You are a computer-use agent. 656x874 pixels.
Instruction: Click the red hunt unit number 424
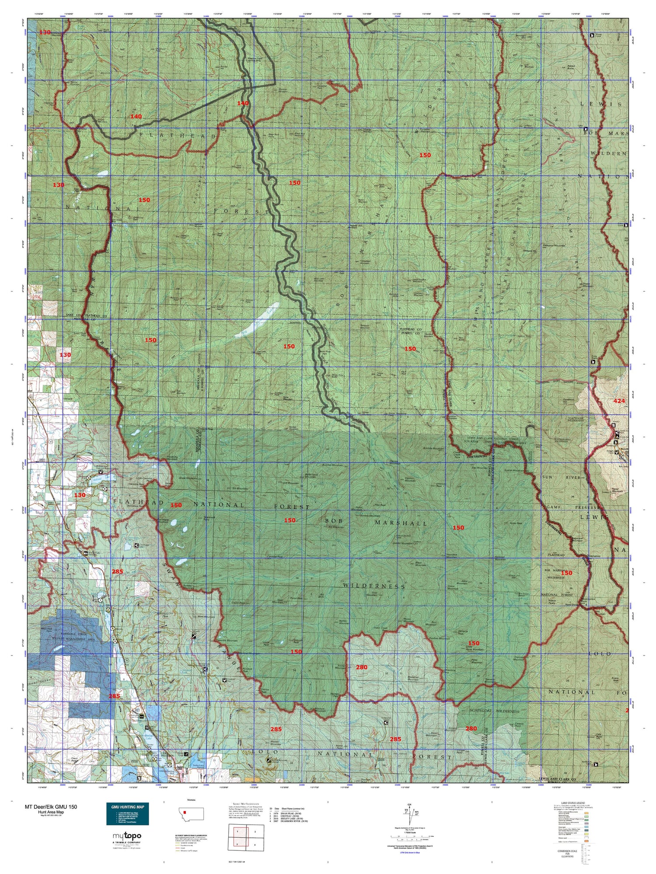(619, 401)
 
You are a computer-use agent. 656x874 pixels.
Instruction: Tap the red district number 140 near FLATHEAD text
(136, 116)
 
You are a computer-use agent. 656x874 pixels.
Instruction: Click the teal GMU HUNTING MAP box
(127, 813)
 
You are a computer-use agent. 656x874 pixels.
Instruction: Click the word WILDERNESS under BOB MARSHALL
(374, 586)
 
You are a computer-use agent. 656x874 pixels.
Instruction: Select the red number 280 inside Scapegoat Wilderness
(471, 728)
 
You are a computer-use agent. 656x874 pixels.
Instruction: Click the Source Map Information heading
(243, 803)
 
